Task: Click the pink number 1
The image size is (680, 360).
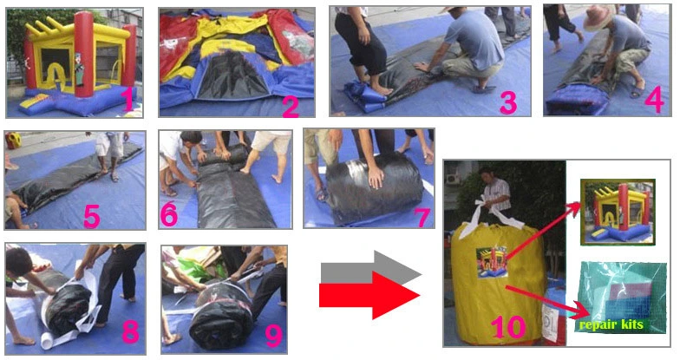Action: point(128,99)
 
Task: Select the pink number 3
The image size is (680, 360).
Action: point(508,102)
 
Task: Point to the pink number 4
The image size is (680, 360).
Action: point(654,101)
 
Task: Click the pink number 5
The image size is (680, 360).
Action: point(92,215)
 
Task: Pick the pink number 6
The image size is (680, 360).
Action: point(169,214)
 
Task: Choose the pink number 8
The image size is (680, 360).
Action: point(130,331)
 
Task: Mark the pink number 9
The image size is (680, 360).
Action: point(274,335)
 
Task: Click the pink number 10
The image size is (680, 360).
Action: point(508,326)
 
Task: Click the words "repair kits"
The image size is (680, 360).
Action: point(611,324)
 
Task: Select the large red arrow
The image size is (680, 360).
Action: point(369,295)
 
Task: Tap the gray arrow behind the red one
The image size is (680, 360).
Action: point(371,268)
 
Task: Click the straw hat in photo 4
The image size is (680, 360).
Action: point(599,17)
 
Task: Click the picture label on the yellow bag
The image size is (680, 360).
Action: point(492,262)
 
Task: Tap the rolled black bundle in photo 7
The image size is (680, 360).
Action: point(374,187)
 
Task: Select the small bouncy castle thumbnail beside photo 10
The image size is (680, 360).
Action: point(618,212)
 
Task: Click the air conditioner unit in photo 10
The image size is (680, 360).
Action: point(454,179)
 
